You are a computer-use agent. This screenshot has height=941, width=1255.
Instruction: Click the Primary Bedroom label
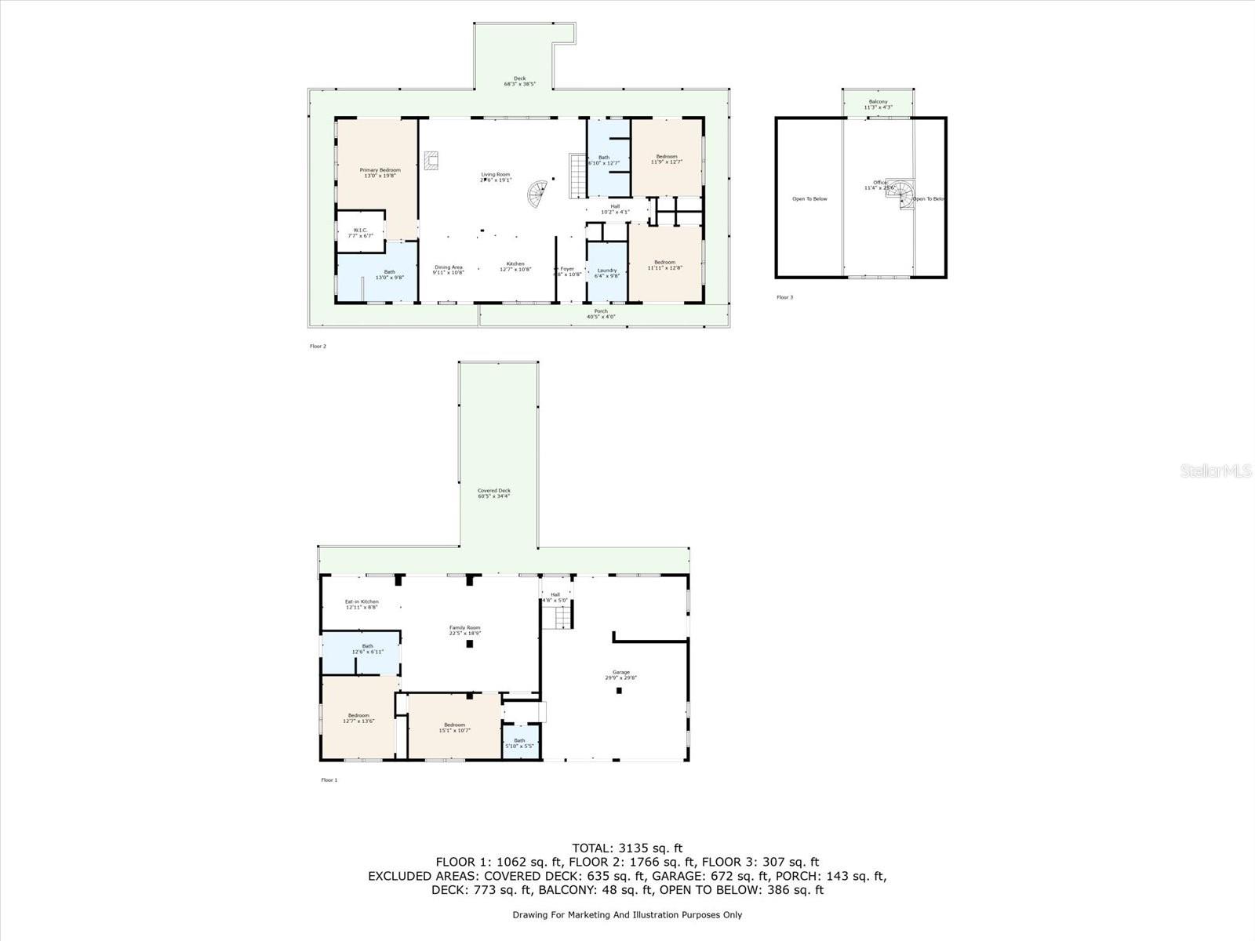click(380, 173)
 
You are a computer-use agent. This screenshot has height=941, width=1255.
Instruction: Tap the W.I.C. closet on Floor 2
click(361, 233)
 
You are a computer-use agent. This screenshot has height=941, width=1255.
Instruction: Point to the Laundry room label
click(607, 272)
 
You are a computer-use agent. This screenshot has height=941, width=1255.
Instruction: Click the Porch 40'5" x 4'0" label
click(601, 314)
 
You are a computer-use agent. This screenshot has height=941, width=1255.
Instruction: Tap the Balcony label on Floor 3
click(877, 104)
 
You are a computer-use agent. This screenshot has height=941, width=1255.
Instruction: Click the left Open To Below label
click(809, 199)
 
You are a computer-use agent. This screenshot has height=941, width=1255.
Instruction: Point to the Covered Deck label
click(494, 493)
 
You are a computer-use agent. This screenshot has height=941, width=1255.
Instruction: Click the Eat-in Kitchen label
click(362, 604)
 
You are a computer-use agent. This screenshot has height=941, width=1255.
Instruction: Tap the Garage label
click(621, 674)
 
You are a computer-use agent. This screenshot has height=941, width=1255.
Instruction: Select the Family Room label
click(464, 630)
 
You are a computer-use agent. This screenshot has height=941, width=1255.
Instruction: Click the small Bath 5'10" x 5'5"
click(519, 743)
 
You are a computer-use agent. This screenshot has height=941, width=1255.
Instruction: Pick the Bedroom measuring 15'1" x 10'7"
click(454, 727)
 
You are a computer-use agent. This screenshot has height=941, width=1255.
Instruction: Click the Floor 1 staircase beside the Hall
click(562, 619)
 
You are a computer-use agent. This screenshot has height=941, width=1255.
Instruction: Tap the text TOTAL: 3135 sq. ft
click(627, 848)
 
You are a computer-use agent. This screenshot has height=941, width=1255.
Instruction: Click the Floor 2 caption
click(318, 346)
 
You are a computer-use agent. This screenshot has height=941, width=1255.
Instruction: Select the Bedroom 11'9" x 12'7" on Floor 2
click(666, 159)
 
